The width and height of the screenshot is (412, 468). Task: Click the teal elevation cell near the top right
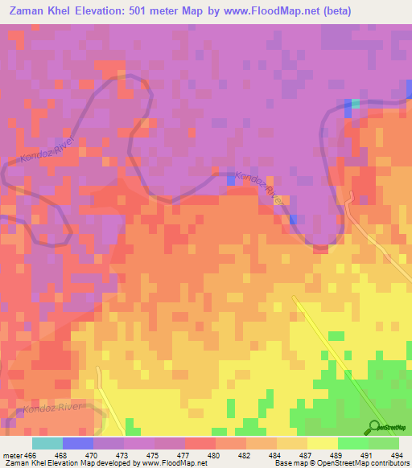tap(356, 104)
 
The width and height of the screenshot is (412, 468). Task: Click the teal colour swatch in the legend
tap(47, 443)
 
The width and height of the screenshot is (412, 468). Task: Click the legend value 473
tap(123, 455)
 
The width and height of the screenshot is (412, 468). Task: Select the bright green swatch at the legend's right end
tap(384, 443)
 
